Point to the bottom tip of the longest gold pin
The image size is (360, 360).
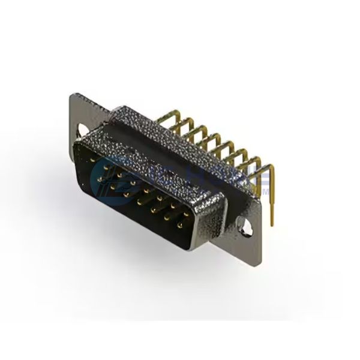272,224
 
